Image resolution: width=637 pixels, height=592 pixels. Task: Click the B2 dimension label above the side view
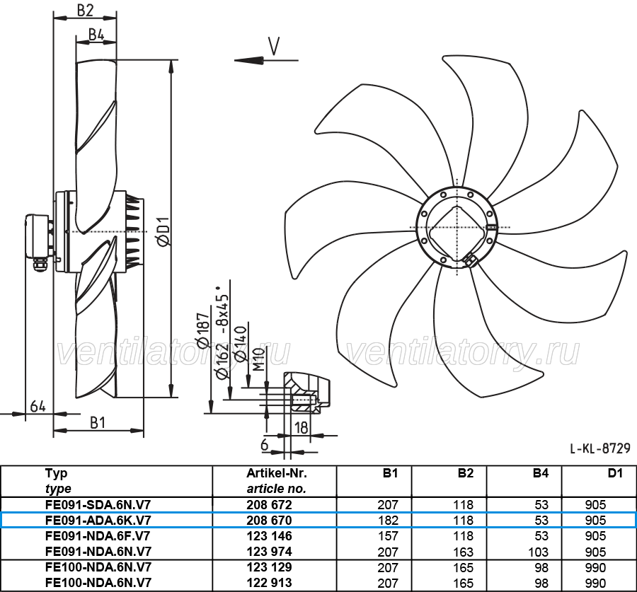[86, 11]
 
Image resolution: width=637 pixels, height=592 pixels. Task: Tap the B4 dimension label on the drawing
[96, 35]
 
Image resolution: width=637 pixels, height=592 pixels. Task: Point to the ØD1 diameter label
[163, 231]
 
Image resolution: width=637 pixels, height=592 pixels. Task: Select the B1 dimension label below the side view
[98, 423]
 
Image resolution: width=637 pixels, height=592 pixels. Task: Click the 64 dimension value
[38, 406]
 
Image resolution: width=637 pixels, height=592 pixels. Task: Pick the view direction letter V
[274, 46]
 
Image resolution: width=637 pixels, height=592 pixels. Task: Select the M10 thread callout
[259, 359]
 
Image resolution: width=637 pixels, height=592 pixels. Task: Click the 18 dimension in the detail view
[301, 427]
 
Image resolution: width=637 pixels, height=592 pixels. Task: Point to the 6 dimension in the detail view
[265, 445]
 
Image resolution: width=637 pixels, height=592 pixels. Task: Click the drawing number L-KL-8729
[600, 448]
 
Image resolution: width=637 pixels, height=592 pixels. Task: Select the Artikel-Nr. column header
[277, 473]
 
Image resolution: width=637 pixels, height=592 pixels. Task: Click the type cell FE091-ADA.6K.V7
[98, 520]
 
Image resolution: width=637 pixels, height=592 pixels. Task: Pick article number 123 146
[269, 536]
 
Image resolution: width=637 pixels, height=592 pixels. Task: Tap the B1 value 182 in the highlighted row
[388, 520]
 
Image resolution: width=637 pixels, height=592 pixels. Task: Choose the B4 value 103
[539, 552]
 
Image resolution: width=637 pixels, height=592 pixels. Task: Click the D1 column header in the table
[615, 473]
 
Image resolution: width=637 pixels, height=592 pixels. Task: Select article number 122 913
[269, 583]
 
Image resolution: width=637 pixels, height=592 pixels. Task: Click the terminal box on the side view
[38, 236]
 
